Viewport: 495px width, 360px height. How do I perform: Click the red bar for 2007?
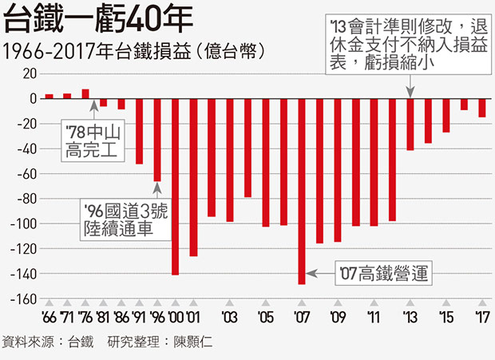[302, 191]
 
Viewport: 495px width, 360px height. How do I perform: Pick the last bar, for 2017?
[482, 108]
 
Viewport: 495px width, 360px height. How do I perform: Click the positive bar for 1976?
[85, 93]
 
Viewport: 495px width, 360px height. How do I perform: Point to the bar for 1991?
[139, 131]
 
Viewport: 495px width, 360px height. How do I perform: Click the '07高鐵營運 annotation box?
[382, 274]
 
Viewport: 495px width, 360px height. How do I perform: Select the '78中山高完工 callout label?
[93, 139]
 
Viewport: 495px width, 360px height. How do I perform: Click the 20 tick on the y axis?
[30, 73]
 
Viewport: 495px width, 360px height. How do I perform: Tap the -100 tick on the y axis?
[25, 224]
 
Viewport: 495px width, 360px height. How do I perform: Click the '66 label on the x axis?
[49, 317]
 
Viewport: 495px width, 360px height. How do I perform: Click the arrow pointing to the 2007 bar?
[319, 274]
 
